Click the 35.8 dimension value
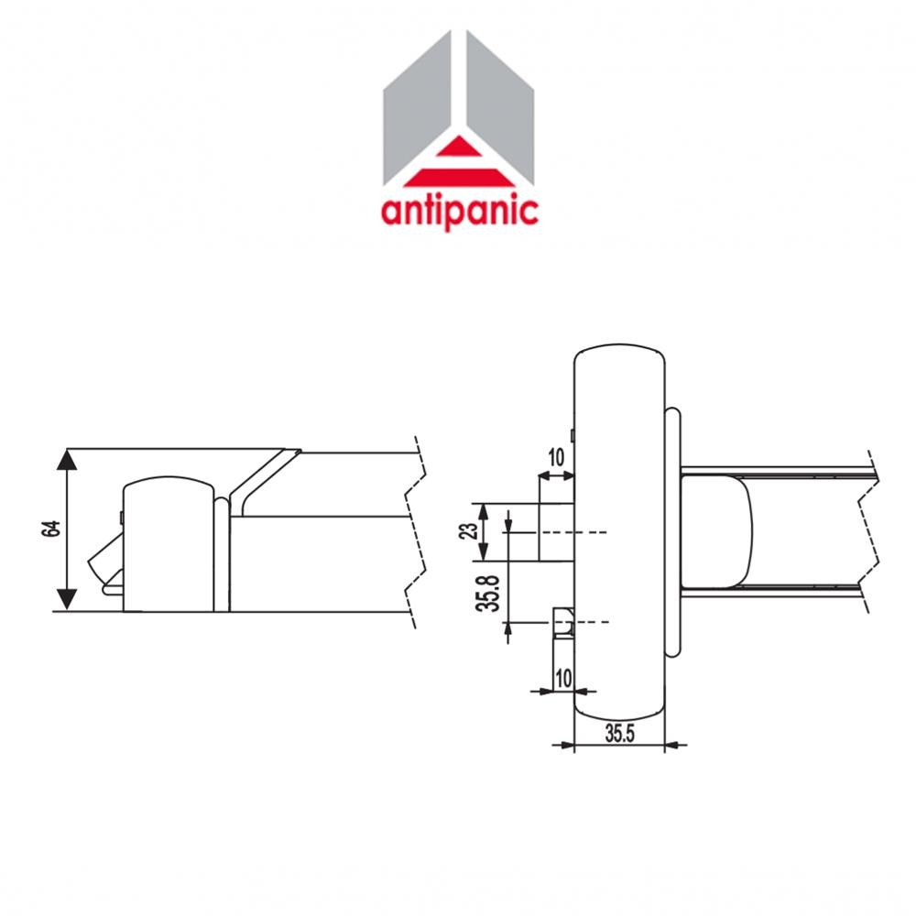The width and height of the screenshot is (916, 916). tap(491, 592)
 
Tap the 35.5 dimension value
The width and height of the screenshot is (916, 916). tap(620, 732)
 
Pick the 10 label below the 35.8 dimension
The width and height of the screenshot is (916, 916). tap(562, 678)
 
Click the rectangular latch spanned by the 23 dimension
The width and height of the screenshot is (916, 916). tap(556, 531)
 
